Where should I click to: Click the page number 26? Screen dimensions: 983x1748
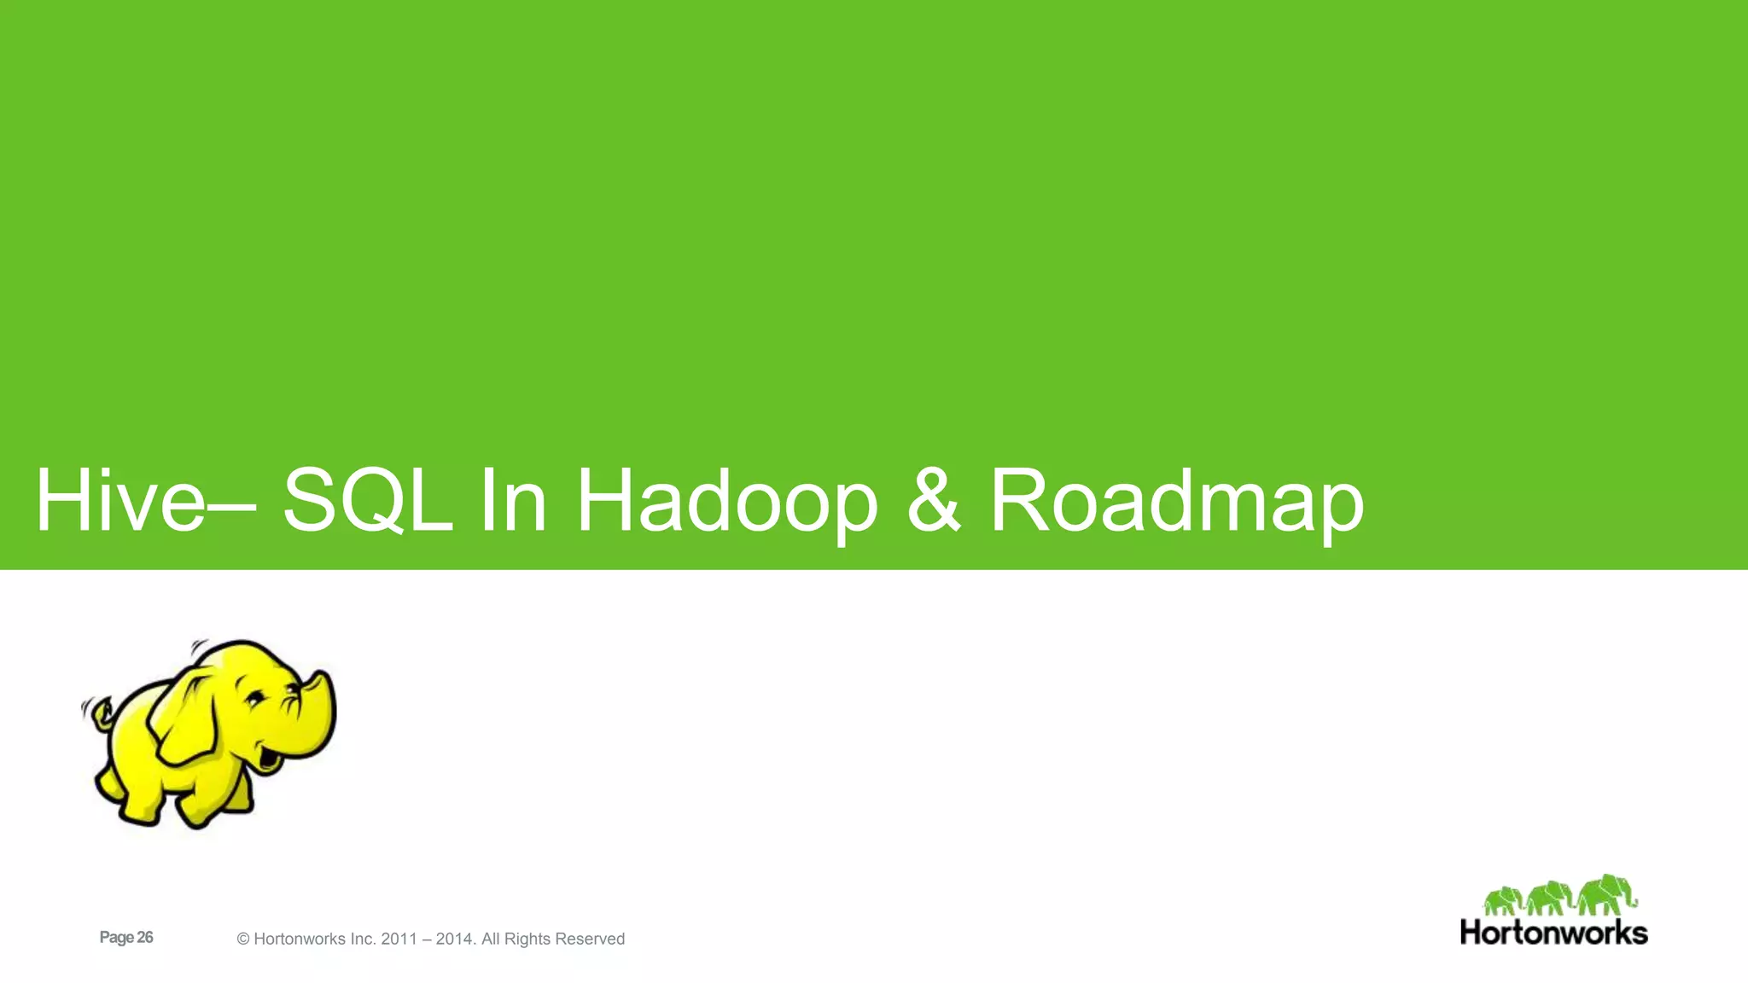pyautogui.click(x=144, y=937)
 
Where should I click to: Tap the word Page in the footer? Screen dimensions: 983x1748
pyautogui.click(x=116, y=937)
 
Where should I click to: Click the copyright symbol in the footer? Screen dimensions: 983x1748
pyautogui.click(x=243, y=939)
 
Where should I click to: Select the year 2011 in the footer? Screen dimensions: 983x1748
pyautogui.click(x=399, y=939)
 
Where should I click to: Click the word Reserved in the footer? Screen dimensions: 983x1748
pyautogui.click(x=590, y=939)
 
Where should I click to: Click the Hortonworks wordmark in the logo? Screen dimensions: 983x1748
pyautogui.click(x=1553, y=932)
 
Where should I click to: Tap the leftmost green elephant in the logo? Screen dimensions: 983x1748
pyautogui.click(x=1502, y=901)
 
